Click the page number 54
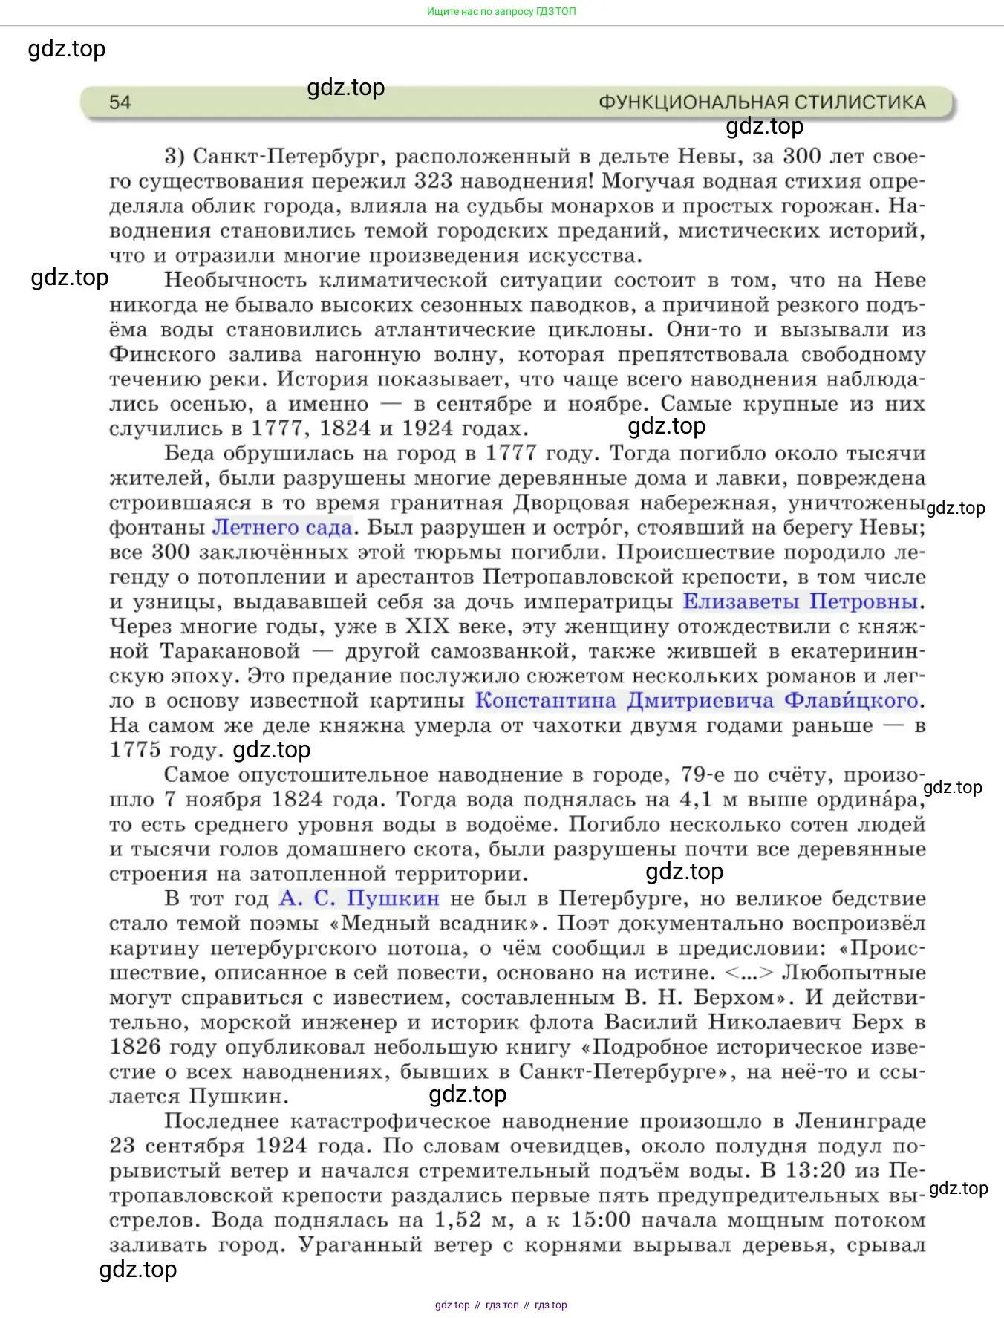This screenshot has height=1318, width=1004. point(120,102)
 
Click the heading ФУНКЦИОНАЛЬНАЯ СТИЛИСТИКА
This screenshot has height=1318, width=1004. point(762,102)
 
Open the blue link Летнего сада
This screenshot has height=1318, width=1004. point(282,528)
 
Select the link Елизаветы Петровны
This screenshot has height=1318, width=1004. point(801,601)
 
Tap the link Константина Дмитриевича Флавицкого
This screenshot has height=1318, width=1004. point(697,701)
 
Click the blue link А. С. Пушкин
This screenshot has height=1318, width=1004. point(359,898)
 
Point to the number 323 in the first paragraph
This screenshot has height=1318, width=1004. point(434,181)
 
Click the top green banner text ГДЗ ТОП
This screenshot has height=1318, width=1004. point(501,12)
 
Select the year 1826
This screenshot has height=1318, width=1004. point(135,1047)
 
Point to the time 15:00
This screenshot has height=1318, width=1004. point(600,1220)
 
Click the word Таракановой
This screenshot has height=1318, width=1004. point(230,652)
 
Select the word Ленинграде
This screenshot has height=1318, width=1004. point(860,1121)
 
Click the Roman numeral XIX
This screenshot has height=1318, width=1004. point(427,627)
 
